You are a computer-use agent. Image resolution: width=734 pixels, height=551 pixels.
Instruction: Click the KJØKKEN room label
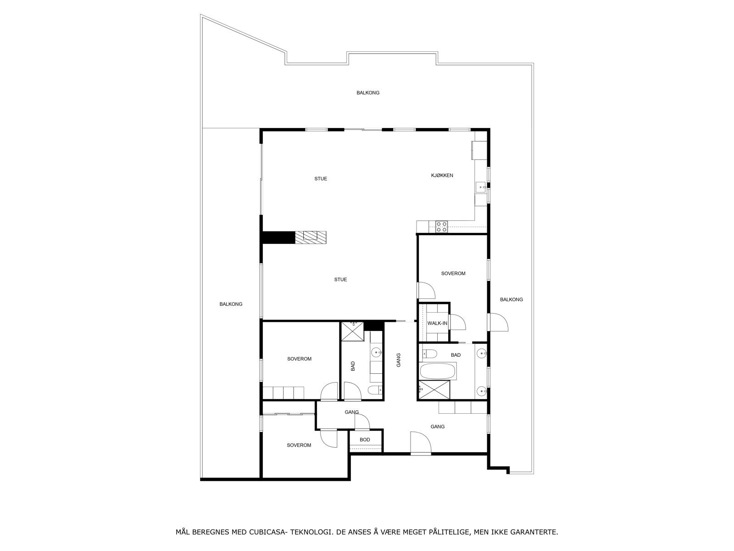tap(442, 175)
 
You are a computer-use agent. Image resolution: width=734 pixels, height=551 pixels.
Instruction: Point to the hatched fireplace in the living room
tap(311, 236)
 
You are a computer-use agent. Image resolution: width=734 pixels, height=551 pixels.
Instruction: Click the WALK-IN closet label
tap(437, 323)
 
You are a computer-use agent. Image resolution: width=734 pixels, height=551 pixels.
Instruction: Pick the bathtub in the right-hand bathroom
tap(438, 371)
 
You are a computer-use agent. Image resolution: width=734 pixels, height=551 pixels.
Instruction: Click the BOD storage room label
tap(365, 440)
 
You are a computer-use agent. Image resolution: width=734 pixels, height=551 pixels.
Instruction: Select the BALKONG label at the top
tap(368, 93)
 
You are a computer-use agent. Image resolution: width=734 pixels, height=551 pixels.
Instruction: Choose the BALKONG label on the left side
tap(231, 304)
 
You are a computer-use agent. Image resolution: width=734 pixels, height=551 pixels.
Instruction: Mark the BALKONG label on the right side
tap(511, 300)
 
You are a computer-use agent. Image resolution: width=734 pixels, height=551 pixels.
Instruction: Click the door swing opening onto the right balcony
tap(498, 321)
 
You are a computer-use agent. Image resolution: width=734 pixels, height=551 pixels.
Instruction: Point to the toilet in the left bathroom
tap(374, 390)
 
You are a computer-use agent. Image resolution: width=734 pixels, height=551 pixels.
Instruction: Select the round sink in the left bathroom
tap(376, 353)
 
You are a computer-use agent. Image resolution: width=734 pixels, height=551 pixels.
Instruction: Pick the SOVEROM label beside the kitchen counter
tap(453, 274)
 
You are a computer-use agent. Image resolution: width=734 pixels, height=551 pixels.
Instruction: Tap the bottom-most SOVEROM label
tap(299, 445)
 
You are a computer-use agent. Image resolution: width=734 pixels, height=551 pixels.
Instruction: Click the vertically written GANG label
tap(399, 360)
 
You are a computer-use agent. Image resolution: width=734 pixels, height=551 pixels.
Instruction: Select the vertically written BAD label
tap(353, 366)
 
